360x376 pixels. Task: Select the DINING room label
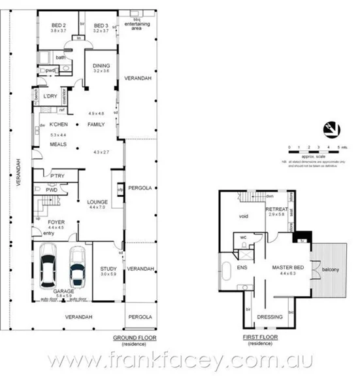point(101,65)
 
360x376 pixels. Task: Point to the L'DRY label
point(51,97)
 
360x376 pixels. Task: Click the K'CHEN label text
point(59,124)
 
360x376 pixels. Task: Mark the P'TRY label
point(58,175)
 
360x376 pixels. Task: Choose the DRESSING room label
point(270,316)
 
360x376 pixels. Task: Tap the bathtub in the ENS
point(225,269)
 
